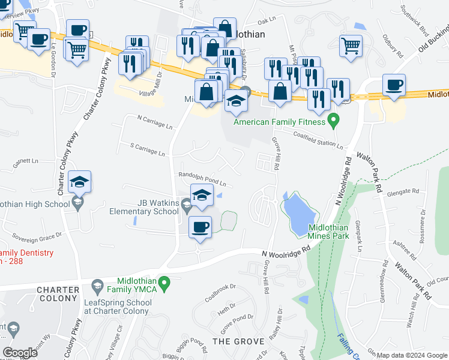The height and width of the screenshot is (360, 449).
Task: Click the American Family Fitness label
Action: (279, 122)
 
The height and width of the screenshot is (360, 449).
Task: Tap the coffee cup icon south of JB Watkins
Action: (200, 227)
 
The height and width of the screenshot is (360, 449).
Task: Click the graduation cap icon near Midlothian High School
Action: (80, 182)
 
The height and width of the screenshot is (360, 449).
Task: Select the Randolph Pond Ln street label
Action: (202, 179)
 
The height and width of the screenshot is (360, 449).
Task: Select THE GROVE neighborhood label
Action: (239, 341)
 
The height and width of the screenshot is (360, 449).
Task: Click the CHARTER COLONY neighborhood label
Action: (58, 294)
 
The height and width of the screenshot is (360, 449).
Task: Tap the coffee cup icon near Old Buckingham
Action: (394, 85)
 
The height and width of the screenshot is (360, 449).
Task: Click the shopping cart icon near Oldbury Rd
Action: (350, 46)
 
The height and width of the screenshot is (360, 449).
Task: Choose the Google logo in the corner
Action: (20, 353)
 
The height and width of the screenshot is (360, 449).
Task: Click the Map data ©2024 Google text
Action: (412, 355)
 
